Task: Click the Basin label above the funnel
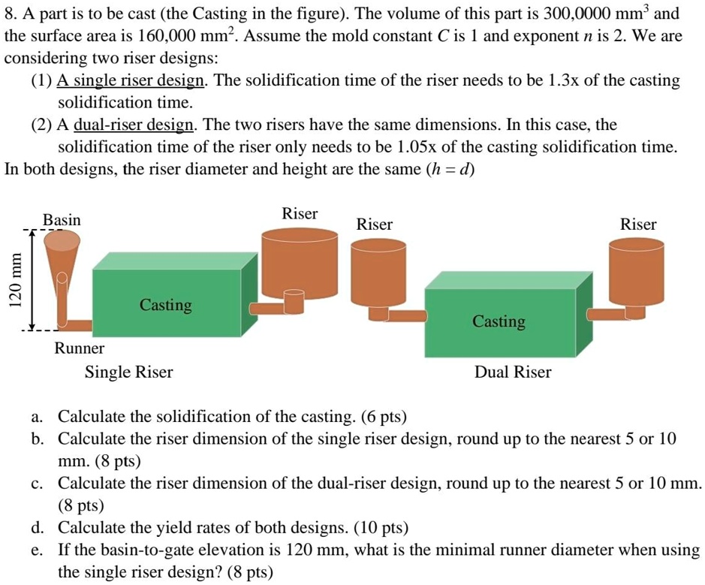pos(62,220)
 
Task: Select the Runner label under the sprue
pos(79,348)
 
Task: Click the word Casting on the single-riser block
pos(165,305)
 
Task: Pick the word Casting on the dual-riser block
pos(499,321)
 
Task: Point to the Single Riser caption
pos(128,372)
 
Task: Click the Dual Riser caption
pos(513,372)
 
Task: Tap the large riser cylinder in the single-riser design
pos(300,259)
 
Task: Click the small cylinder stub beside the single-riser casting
pos(294,302)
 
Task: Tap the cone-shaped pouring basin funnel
pos(61,255)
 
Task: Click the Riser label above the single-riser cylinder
pos(300,214)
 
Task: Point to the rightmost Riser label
pos(638,225)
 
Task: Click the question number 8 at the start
pos(10,14)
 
